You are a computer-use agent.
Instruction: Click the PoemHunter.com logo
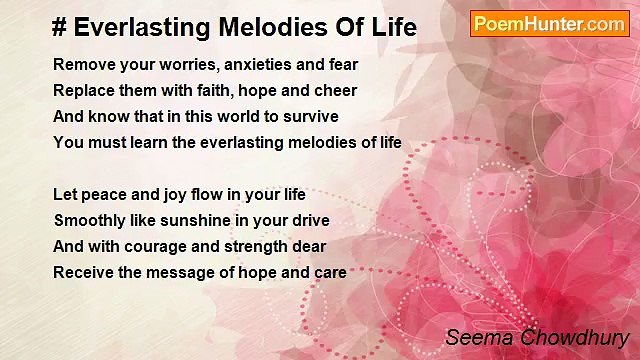(x=549, y=24)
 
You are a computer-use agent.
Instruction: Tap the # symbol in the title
(x=59, y=28)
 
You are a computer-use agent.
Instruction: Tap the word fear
(x=341, y=65)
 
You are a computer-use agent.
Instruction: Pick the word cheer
(x=334, y=91)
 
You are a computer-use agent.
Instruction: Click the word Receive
(x=81, y=272)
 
